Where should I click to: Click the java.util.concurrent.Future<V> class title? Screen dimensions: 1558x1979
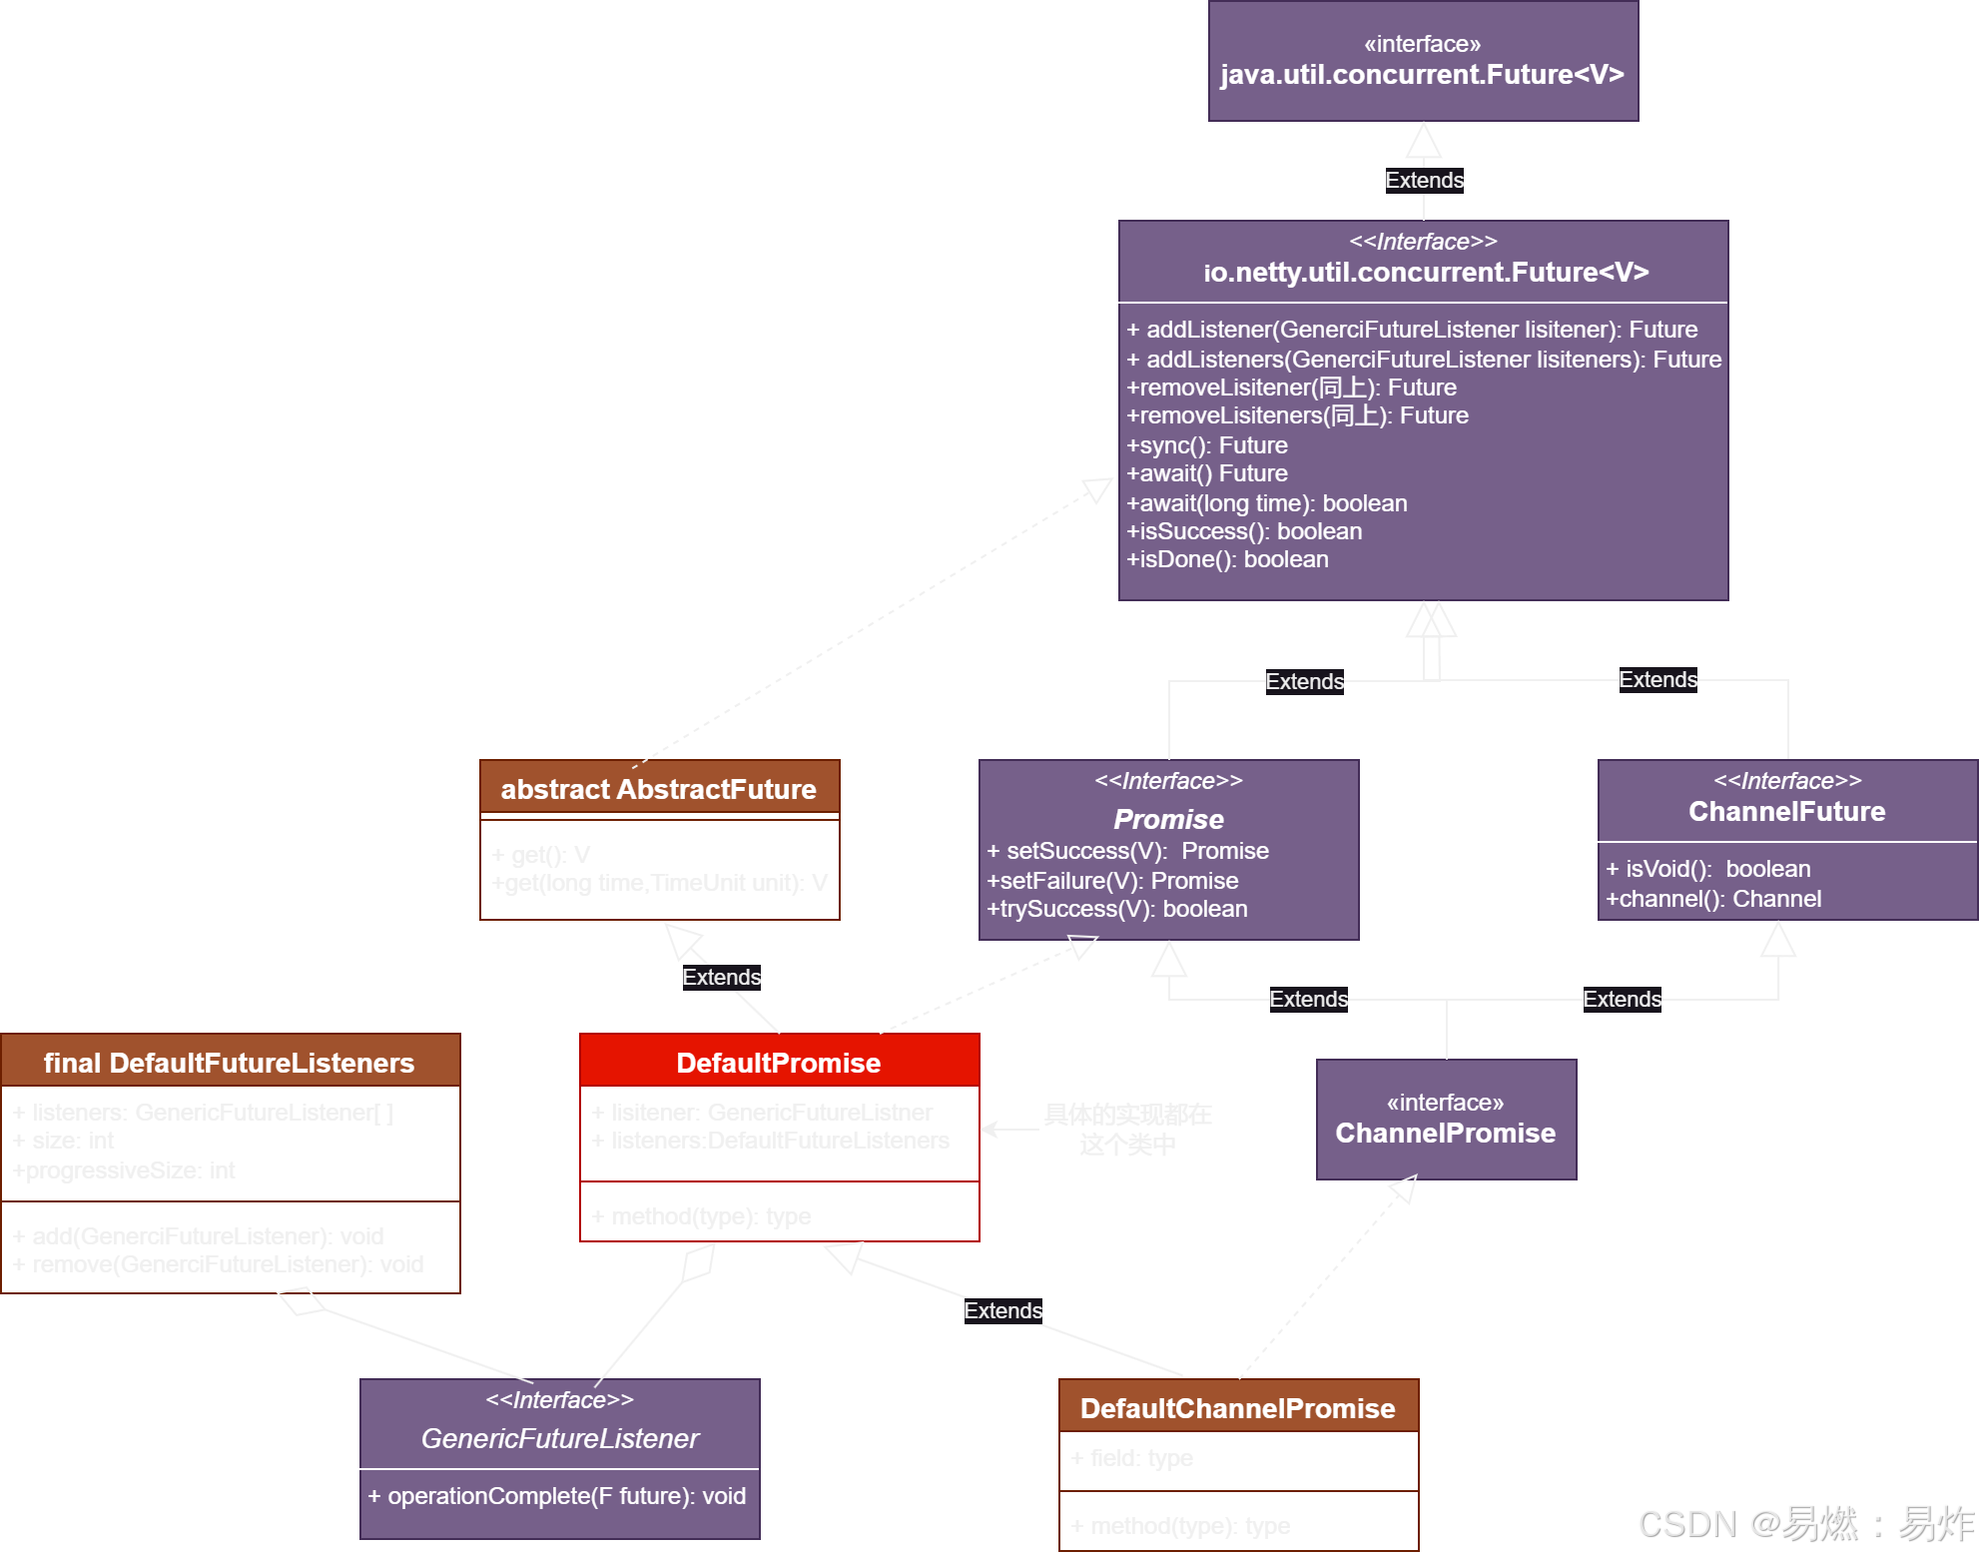1422,75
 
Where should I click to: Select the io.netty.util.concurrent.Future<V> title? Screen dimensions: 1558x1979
1425,272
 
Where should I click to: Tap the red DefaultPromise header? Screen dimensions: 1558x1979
779,1063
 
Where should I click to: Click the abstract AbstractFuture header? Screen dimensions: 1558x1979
659,789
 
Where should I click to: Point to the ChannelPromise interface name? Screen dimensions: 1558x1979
1445,1133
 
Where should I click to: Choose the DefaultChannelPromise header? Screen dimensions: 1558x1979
1237,1408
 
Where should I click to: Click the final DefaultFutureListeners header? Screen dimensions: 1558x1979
229,1063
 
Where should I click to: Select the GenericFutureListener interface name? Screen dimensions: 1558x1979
559,1438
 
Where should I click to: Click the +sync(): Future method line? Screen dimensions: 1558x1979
1207,445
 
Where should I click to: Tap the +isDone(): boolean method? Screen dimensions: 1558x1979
1227,559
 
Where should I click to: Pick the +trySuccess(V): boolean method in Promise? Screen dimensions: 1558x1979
1117,909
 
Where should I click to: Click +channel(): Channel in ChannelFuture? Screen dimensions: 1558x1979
1712,899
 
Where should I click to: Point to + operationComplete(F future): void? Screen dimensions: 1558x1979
557,1496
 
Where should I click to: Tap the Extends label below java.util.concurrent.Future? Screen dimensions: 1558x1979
1424,181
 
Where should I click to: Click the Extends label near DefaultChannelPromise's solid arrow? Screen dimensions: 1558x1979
1002,1310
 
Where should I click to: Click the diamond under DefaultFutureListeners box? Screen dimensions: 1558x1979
301,1301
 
